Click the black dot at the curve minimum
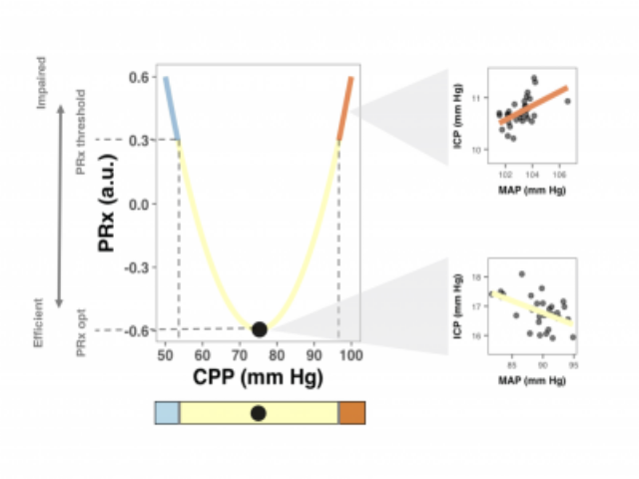click(260, 329)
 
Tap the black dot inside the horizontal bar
click(259, 412)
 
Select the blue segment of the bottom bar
click(167, 412)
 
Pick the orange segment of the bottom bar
click(352, 412)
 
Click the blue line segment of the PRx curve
click(172, 108)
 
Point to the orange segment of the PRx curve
click(345, 108)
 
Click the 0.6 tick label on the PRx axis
click(138, 78)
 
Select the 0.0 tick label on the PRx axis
click(138, 204)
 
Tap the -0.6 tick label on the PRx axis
click(136, 330)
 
